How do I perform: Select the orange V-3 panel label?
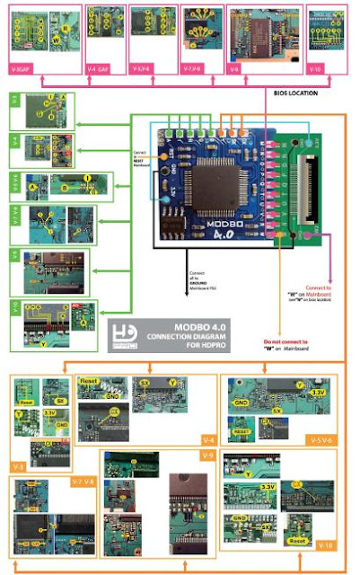[x=19, y=467]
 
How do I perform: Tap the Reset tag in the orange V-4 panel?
[x=89, y=381]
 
